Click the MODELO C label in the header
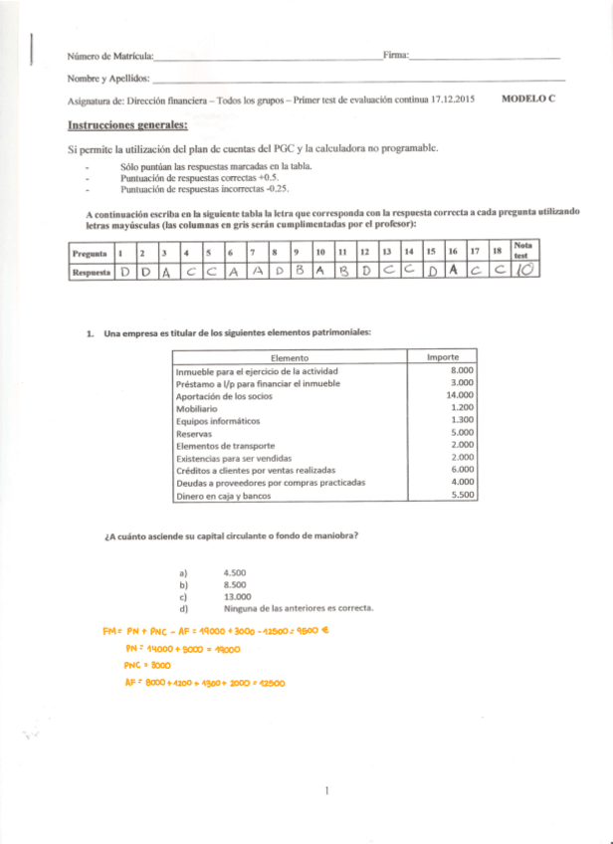528,100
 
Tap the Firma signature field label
395,56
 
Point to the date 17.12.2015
453,101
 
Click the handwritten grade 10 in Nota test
526,270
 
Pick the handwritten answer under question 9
299,270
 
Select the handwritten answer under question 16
453,270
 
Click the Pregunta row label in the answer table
91,253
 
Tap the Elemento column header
289,357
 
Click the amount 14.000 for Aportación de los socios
458,395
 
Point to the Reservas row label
193,433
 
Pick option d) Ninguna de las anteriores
299,608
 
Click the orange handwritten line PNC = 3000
147,665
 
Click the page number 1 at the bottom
325,790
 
